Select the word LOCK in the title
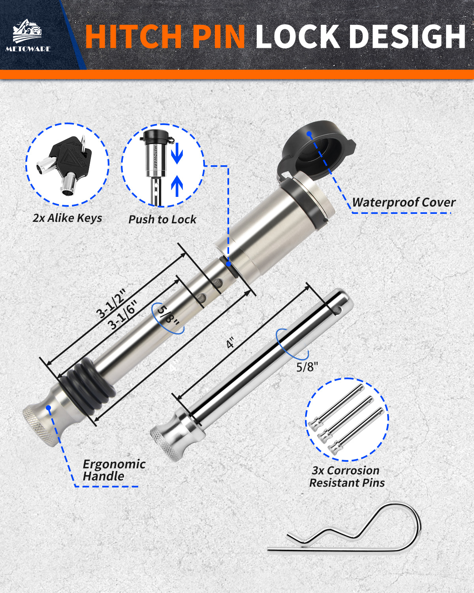click(x=298, y=37)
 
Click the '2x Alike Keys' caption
click(x=67, y=218)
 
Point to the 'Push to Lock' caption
click(x=162, y=219)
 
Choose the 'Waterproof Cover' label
click(x=404, y=202)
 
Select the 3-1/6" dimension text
click(x=122, y=315)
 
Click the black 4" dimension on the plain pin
click(x=230, y=343)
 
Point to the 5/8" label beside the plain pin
click(x=307, y=367)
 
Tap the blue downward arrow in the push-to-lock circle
click(x=177, y=153)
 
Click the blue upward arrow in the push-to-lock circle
click(x=177, y=186)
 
